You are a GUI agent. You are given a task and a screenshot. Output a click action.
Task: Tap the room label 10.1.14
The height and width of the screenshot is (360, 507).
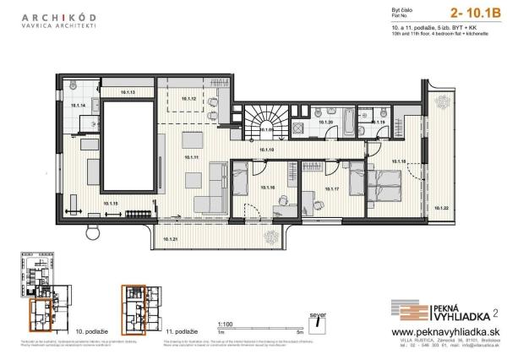click(x=79, y=106)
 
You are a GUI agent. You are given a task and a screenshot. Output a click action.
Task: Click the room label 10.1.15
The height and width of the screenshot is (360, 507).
click(x=112, y=204)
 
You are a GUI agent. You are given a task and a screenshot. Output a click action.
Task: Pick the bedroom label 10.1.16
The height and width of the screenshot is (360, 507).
click(x=268, y=188)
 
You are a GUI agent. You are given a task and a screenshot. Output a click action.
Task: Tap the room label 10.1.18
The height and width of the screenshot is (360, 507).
click(x=399, y=161)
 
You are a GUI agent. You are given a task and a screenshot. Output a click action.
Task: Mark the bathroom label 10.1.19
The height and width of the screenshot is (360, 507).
click(x=379, y=123)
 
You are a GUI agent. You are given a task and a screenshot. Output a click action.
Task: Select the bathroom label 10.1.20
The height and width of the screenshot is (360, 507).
click(x=325, y=123)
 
